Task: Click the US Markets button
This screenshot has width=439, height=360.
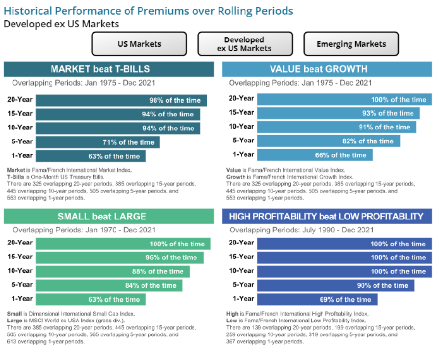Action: click(x=139, y=44)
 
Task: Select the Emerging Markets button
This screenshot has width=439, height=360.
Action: click(x=351, y=44)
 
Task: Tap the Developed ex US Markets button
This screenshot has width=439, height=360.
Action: click(x=245, y=44)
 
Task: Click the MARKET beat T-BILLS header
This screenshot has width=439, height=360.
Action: click(x=109, y=69)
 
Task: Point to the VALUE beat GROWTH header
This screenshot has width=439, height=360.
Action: click(x=327, y=69)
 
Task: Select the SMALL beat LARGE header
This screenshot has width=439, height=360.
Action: click(x=109, y=216)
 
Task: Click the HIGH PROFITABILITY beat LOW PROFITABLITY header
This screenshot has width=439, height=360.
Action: click(x=327, y=216)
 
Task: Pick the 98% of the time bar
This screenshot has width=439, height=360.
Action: click(x=121, y=100)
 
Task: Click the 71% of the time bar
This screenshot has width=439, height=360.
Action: click(x=98, y=142)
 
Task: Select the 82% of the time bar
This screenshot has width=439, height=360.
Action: click(x=328, y=141)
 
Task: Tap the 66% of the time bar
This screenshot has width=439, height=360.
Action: click(x=314, y=155)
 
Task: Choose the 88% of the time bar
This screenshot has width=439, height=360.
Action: click(x=112, y=271)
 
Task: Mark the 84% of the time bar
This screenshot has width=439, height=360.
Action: click(x=109, y=285)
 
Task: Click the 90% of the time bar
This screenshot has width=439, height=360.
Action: click(x=336, y=285)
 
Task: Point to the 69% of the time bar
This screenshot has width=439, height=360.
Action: click(x=317, y=299)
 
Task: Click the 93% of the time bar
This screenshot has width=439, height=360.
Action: click(x=338, y=113)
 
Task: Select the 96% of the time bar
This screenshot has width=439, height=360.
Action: click(x=119, y=257)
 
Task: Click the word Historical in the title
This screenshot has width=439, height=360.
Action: click(x=30, y=11)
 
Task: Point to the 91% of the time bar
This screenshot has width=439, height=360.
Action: click(x=336, y=127)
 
